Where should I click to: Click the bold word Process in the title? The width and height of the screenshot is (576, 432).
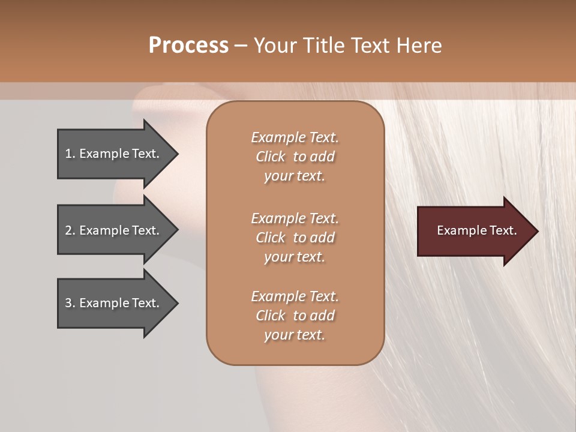click(188, 46)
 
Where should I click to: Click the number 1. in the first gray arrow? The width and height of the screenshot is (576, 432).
click(70, 154)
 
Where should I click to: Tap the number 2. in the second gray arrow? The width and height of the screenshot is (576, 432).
click(70, 230)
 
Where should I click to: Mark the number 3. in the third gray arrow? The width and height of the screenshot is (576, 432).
click(70, 303)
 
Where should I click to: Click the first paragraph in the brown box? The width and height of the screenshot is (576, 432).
click(295, 157)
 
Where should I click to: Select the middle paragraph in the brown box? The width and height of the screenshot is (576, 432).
click(295, 238)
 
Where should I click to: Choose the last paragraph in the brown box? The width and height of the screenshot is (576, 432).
click(295, 316)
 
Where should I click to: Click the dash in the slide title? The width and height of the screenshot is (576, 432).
click(241, 46)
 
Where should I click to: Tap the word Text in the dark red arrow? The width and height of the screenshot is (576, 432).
click(503, 230)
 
